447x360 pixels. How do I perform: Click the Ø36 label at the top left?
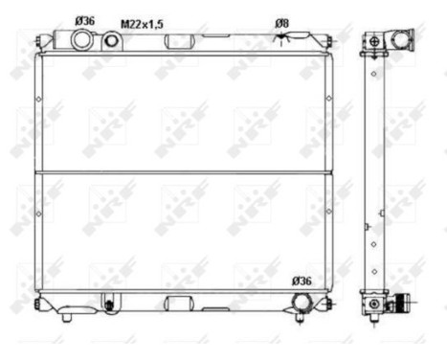point(83,19)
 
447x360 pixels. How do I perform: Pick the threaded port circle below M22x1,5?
point(113,41)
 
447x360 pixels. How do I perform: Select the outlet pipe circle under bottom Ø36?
point(302,303)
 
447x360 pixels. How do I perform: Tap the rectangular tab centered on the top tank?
point(179,42)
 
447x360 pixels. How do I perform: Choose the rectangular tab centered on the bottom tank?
point(179,304)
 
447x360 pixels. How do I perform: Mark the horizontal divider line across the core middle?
point(182,172)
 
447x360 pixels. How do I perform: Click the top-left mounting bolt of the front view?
point(37,41)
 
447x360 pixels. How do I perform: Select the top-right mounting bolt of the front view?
point(329,41)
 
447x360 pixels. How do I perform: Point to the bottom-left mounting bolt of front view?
point(37,304)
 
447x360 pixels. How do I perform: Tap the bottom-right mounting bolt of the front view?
point(329,304)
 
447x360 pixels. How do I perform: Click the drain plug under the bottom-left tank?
point(108,306)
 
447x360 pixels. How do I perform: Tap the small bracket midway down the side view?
point(367,228)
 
